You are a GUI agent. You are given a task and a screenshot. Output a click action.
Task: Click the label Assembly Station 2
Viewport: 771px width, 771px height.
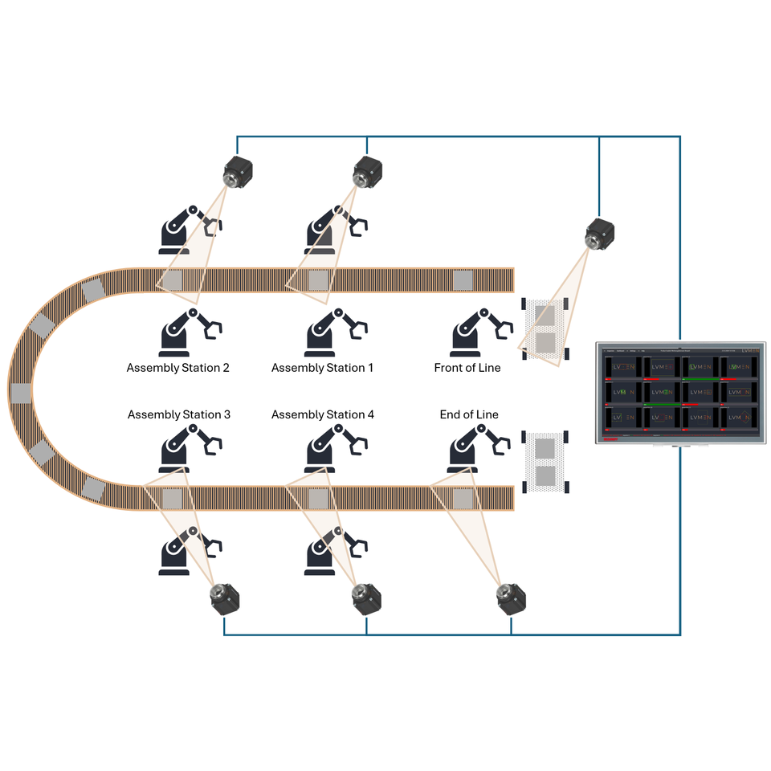point(178,368)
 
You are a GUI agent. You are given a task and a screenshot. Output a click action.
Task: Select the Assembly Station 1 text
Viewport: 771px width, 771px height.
point(323,368)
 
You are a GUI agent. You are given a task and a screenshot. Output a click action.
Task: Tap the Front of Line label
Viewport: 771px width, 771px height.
point(467,368)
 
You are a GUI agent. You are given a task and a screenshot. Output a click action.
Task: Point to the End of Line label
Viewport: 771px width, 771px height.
point(469,414)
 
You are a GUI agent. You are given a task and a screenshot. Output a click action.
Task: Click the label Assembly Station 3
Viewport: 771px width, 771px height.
point(179,414)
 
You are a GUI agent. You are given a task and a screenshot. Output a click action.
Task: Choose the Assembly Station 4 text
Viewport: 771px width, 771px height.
point(323,414)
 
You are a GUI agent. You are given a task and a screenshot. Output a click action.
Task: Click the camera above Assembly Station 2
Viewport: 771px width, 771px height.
point(238,171)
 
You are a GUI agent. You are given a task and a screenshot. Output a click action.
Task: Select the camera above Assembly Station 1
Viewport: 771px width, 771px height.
point(367,171)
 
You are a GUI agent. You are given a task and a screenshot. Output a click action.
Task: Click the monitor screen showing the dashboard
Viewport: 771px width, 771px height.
point(681,392)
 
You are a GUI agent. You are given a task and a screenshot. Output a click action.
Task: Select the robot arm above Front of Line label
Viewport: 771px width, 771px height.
point(479,331)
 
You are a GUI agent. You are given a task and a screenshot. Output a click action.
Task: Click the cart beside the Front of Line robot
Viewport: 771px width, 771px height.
point(546,329)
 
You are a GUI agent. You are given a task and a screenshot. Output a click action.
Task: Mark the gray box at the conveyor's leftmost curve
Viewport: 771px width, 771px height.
point(21,392)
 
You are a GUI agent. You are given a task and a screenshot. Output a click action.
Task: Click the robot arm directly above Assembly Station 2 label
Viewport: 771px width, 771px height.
point(190,331)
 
